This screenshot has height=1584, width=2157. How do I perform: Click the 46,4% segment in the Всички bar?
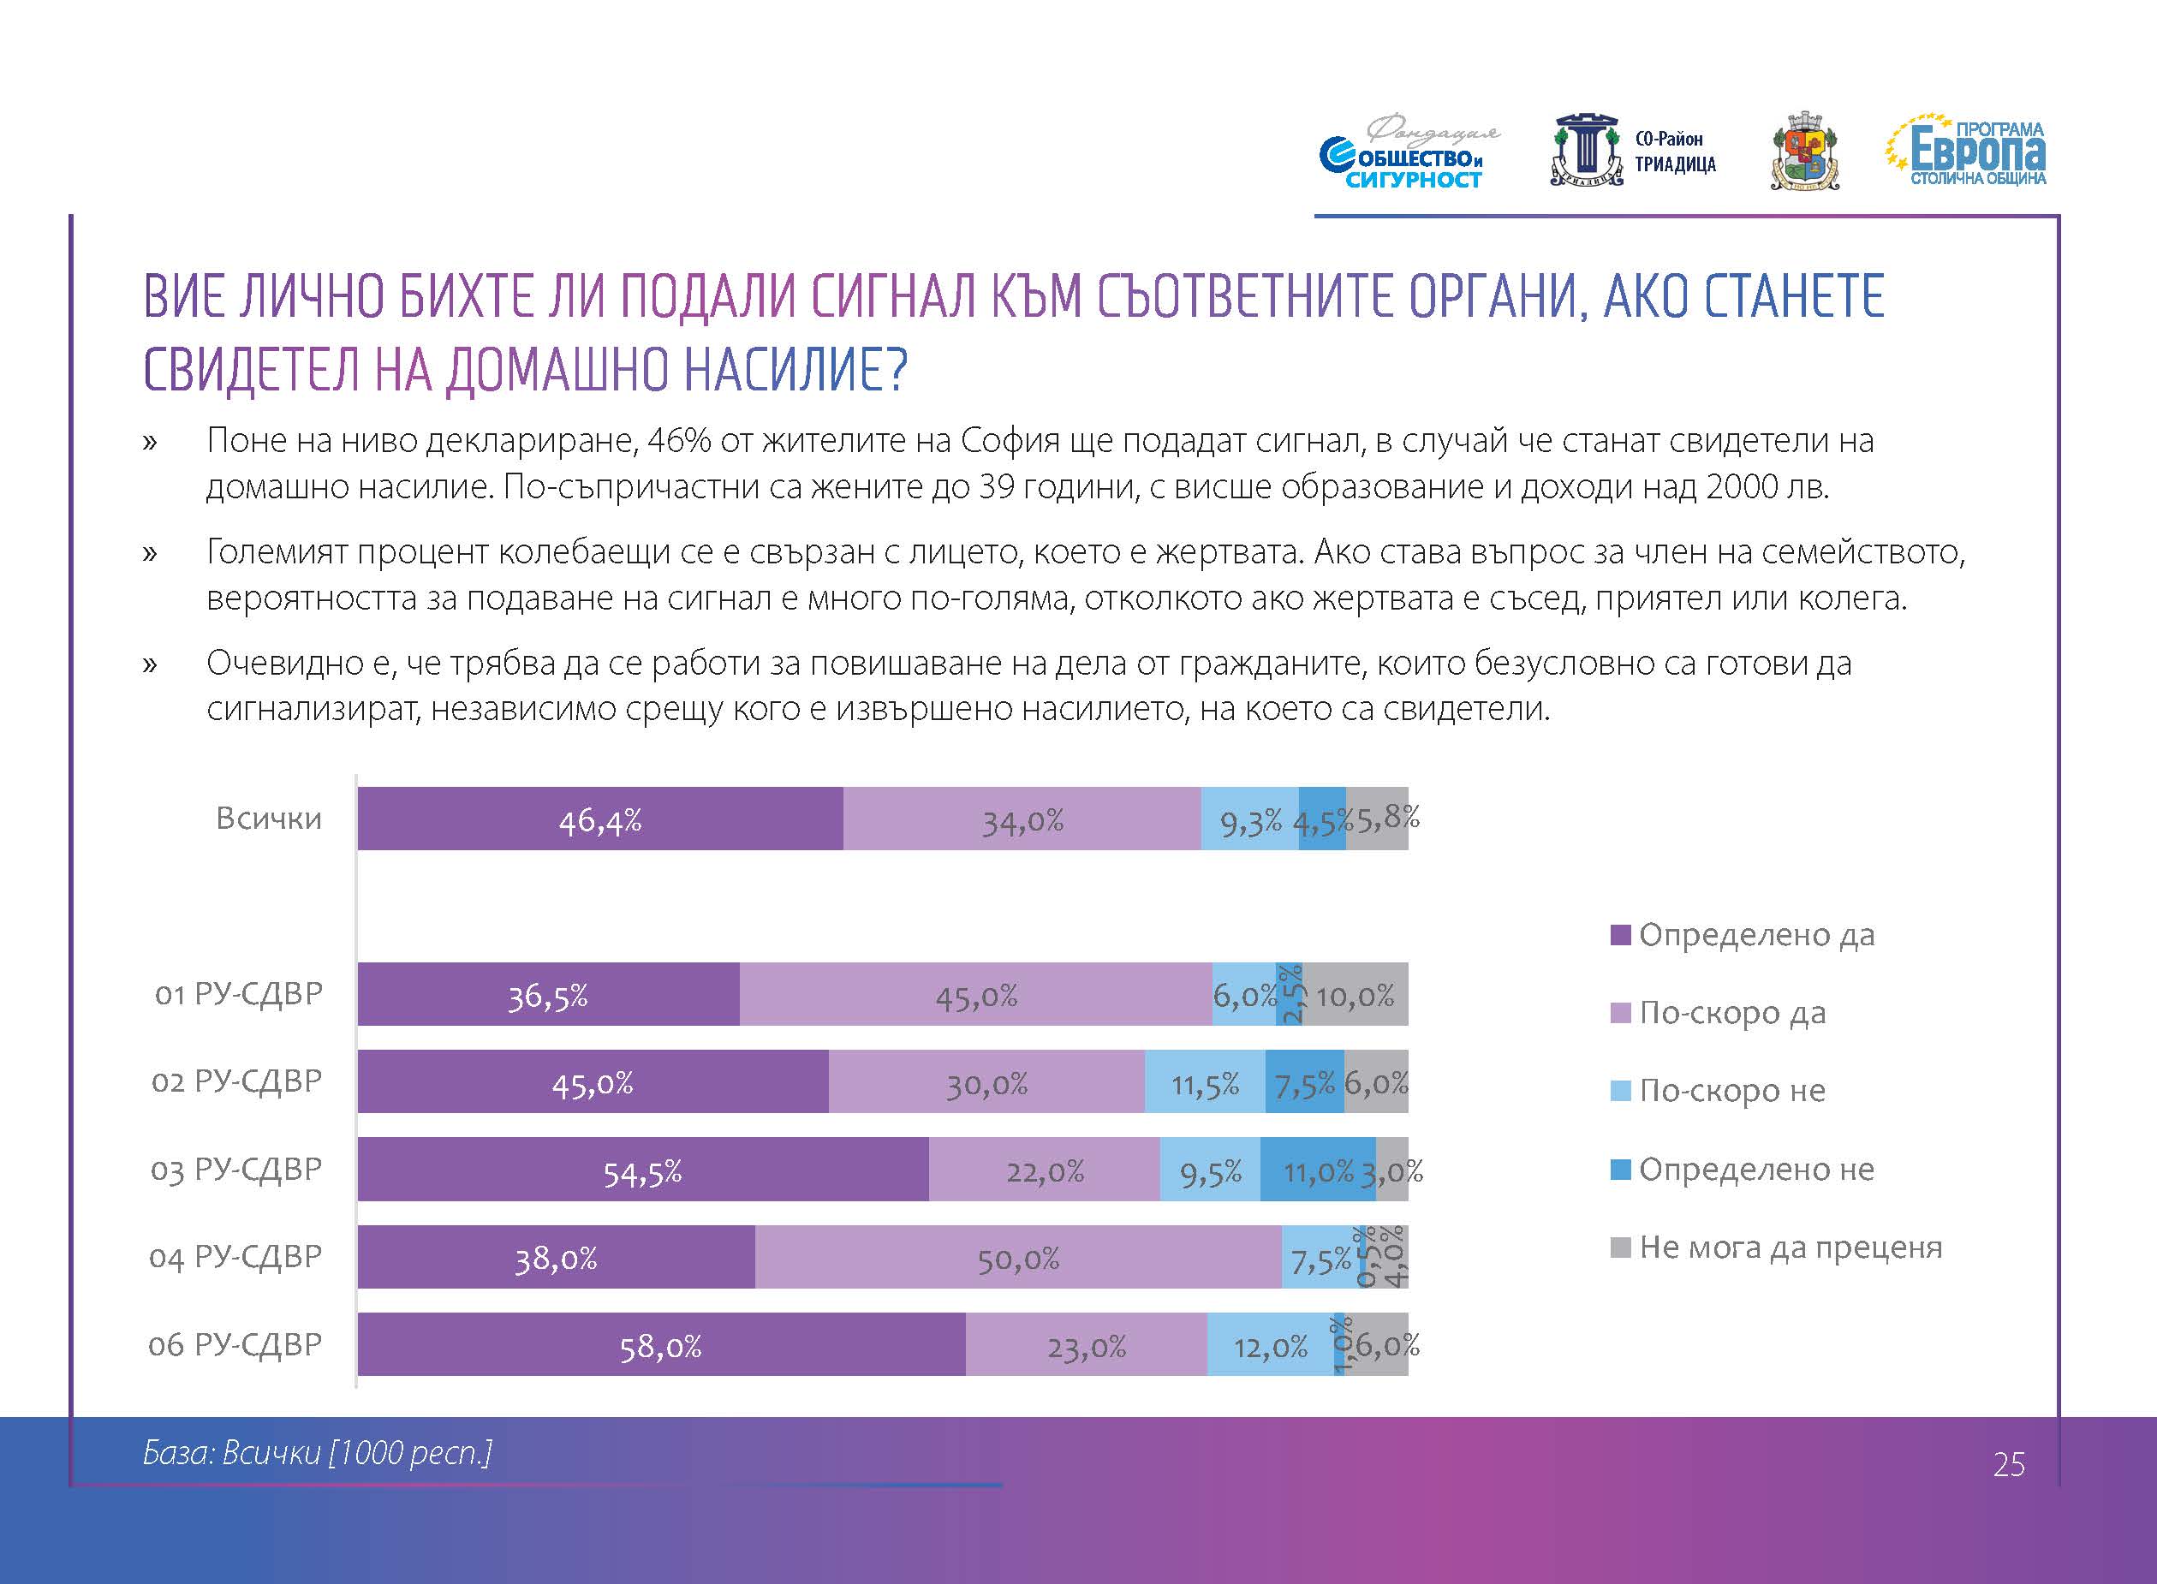600,819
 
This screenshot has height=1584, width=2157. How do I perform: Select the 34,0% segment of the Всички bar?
1022,819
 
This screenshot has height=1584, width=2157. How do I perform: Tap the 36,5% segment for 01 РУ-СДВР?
547,994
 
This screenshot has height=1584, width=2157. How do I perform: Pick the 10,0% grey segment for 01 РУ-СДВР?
1355,994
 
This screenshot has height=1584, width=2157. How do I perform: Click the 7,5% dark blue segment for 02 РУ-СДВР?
1304,1081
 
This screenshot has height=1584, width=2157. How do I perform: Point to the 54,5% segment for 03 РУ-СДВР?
642,1170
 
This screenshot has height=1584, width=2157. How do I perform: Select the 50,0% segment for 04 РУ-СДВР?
1018,1257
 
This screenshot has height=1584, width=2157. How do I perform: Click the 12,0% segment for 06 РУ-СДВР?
1269,1345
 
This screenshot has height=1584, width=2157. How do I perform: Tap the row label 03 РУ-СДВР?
235,1170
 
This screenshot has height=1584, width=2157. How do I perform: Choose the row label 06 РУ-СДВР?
235,1345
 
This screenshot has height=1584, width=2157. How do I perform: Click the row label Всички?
268,819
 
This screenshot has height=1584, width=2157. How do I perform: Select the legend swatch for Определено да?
1620,935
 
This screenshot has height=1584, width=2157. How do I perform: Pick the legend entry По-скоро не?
1731,1091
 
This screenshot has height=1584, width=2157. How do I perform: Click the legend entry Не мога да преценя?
1790,1248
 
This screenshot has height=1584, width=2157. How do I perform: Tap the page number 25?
2008,1464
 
